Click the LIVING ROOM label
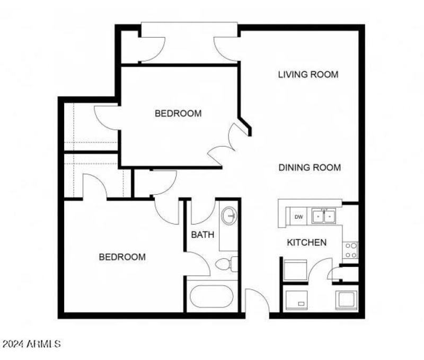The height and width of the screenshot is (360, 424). pos(308,74)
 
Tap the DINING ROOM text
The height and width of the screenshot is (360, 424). pos(310,168)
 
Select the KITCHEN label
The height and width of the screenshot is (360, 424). pos(306,242)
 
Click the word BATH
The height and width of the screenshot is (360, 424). pos(202,234)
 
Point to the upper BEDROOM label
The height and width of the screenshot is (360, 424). pos(178,113)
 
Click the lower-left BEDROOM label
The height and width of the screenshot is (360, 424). pos(122,257)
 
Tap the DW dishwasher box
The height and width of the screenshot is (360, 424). pos(298,217)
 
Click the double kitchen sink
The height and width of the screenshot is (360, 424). pos(324,216)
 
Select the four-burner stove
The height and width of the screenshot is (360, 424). pos(351,250)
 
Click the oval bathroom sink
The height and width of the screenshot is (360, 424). pos(229,216)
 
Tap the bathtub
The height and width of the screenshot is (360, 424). pos(211,299)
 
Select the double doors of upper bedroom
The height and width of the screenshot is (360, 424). pos(228,142)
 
